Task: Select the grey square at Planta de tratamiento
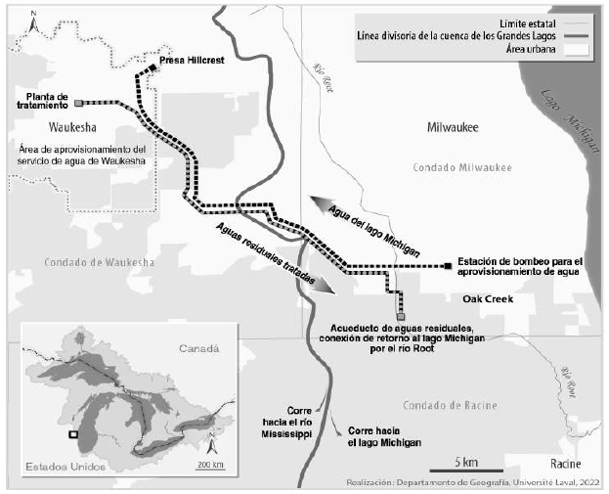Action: coord(78,101)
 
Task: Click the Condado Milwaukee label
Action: coord(461,167)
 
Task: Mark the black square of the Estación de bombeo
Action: coord(447,266)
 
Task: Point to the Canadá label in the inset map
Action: coord(199,347)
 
